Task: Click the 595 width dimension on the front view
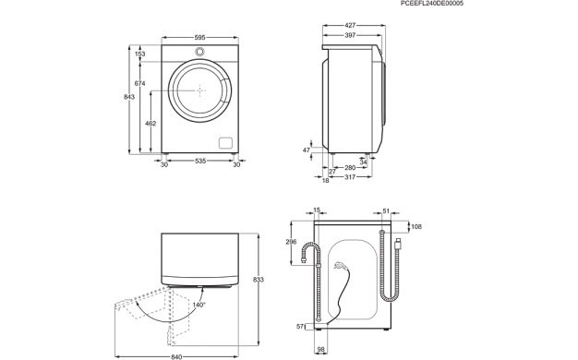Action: click(199, 38)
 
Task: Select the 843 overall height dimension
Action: click(129, 97)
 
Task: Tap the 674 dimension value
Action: click(139, 84)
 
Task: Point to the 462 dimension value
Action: click(151, 124)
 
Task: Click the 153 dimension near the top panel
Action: click(139, 54)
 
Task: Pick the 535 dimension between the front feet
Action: click(200, 161)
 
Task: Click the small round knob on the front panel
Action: click(199, 52)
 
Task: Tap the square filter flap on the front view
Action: click(225, 143)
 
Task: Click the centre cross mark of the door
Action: click(199, 90)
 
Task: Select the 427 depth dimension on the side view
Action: click(350, 26)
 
